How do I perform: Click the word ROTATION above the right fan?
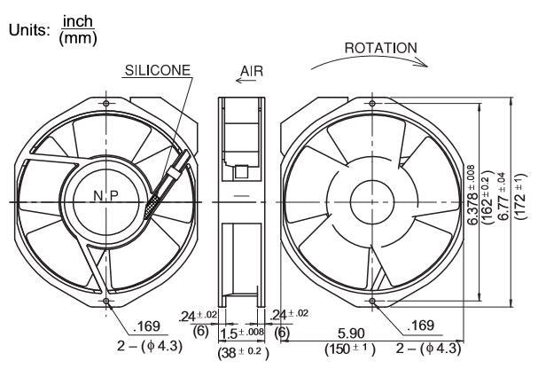(380, 47)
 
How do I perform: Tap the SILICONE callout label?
(155, 68)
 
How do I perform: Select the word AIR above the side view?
(252, 68)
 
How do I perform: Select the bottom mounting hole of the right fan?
(372, 301)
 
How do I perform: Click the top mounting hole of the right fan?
(373, 103)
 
